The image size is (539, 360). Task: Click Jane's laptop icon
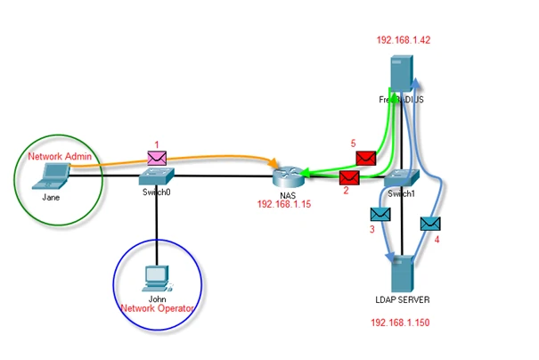[51, 176]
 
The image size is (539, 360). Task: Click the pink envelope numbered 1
[157, 158]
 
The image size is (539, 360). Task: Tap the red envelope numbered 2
[350, 177]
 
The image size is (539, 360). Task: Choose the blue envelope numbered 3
[380, 215]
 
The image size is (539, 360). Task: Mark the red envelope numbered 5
[365, 158]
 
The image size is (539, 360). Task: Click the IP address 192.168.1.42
[403, 40]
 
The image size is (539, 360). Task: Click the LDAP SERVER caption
[404, 299]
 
